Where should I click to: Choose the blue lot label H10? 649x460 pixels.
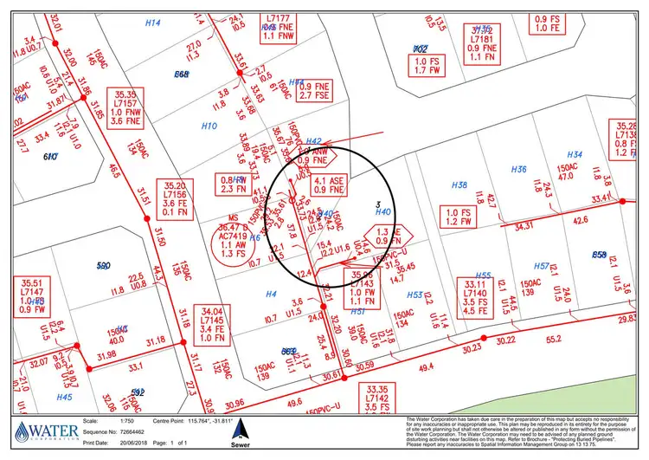(209, 126)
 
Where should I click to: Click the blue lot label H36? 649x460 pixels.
(519, 169)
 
